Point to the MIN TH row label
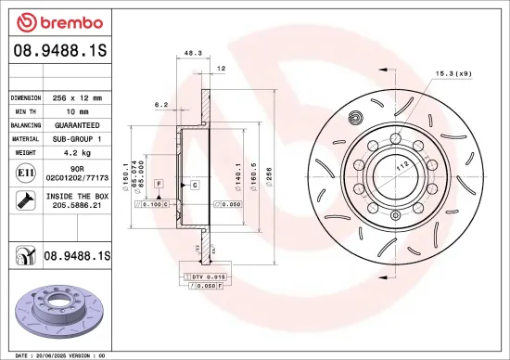tap(26, 110)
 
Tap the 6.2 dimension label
tap(160, 105)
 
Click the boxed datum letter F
tap(159, 186)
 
